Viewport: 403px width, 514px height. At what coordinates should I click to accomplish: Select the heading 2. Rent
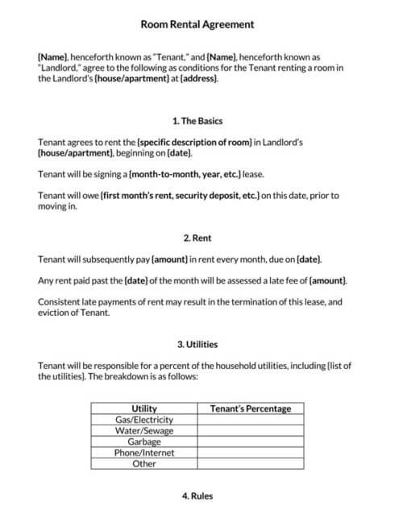(x=197, y=238)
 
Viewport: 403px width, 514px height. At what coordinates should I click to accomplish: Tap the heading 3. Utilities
(x=197, y=345)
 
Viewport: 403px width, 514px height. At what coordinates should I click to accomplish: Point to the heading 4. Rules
(x=197, y=495)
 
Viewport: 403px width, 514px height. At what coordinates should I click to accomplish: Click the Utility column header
(x=143, y=408)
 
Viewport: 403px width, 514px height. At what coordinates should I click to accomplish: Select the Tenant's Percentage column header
(x=251, y=408)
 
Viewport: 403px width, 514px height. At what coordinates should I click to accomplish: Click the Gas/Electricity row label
(x=143, y=420)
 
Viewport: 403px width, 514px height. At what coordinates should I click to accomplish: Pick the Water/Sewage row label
(x=143, y=431)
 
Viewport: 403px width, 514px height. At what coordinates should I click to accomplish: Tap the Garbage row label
(x=143, y=442)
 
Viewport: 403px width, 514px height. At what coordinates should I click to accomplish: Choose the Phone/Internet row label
(x=143, y=453)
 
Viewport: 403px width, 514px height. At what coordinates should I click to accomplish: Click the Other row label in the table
(x=143, y=464)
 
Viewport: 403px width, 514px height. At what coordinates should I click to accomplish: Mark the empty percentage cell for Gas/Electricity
(x=251, y=420)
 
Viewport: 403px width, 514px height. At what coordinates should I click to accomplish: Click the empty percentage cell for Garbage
(x=251, y=442)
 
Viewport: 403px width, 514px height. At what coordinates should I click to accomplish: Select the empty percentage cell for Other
(x=251, y=464)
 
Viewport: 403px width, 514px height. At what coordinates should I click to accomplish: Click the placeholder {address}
(x=199, y=79)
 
